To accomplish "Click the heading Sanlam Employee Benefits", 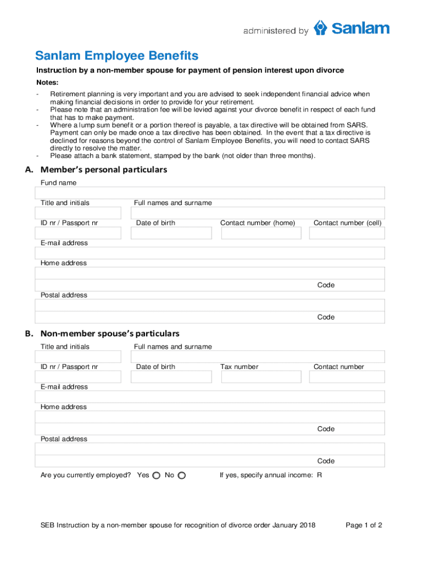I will (116, 56).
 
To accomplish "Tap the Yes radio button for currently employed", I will (156, 475).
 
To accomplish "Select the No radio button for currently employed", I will (182, 475).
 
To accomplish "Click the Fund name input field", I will (210, 193).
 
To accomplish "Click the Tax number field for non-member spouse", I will (261, 377).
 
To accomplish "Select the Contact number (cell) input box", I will (347, 233).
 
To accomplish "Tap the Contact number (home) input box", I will (261, 233).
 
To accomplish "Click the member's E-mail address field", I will (210, 253).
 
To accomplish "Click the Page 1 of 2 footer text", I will (364, 525).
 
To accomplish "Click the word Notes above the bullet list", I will (47, 82).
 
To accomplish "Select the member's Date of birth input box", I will (171, 233).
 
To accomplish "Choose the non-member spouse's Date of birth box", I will (171, 377).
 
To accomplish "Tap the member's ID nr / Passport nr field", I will (78, 233).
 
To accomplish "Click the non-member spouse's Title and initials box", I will (78, 357).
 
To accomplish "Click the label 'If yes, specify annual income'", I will (266, 475).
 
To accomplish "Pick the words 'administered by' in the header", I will (276, 31).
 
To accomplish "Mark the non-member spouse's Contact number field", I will (347, 377).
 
